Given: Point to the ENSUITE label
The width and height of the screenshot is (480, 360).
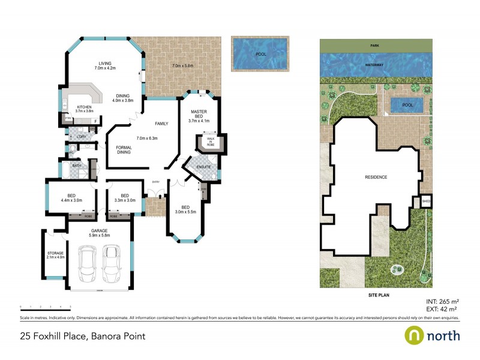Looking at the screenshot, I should click(x=203, y=166).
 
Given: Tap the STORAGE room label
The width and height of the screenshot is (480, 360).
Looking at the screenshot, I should click(x=55, y=255).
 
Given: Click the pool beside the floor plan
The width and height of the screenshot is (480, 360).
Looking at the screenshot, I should click(x=260, y=55).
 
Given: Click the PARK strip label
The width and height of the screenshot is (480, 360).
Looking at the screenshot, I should click(x=375, y=45).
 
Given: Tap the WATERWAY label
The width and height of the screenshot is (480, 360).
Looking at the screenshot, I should click(x=375, y=64).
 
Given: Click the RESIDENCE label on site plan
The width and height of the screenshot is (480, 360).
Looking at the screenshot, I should click(x=374, y=178).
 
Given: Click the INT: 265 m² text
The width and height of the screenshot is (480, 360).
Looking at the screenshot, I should click(x=442, y=302).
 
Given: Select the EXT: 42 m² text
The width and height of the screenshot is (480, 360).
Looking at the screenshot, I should click(x=442, y=309).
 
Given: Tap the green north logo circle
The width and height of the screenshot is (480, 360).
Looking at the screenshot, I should click(x=415, y=335).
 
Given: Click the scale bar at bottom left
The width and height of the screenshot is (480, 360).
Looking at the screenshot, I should click(x=45, y=307).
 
